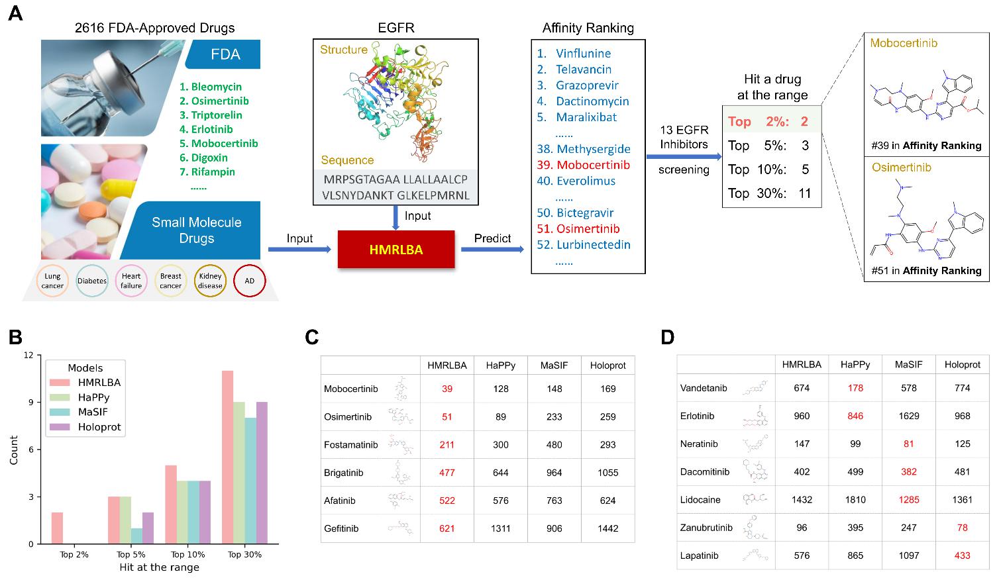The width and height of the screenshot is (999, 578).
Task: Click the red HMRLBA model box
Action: pyautogui.click(x=396, y=249)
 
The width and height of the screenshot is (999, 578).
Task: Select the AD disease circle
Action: pyautogui.click(x=249, y=281)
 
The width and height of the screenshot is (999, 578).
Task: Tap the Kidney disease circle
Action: pyautogui.click(x=210, y=281)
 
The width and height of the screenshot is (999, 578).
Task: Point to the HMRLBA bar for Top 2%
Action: pyautogui.click(x=57, y=528)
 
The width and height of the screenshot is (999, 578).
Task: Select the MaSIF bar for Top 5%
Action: pyautogui.click(x=136, y=536)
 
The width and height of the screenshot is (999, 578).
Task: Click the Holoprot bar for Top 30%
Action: pyautogui.click(x=262, y=473)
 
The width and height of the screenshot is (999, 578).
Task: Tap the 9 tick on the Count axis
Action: pyautogui.click(x=30, y=402)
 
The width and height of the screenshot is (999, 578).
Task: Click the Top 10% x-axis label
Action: pyautogui.click(x=187, y=554)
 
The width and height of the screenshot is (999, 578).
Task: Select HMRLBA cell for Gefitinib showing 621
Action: pyautogui.click(x=447, y=528)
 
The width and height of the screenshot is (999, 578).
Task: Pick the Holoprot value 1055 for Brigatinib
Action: pyautogui.click(x=608, y=472)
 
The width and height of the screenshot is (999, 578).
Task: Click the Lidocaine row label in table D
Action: pyautogui.click(x=700, y=500)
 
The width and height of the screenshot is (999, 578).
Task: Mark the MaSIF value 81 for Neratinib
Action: pyautogui.click(x=908, y=444)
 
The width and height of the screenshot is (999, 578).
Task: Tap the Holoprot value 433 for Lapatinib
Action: pyautogui.click(x=962, y=555)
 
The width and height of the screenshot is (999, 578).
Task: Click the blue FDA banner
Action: pyautogui.click(x=223, y=54)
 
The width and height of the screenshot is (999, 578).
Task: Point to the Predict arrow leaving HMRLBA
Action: pyautogui.click(x=492, y=249)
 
